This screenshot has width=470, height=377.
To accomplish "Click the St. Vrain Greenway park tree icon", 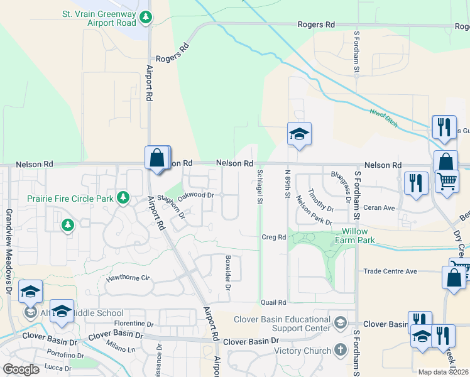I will pos(146,18).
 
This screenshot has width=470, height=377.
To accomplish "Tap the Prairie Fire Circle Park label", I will pos(70,199).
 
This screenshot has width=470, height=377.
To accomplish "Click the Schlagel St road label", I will pos(260,186).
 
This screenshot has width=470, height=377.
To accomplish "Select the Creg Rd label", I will pos(273,237).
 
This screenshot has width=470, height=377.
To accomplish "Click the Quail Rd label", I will pos(273,302).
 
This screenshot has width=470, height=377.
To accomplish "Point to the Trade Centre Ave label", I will pos(390,271).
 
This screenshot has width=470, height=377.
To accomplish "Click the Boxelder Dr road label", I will pos(228,272).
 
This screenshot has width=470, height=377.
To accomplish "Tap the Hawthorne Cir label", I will pos(129,277).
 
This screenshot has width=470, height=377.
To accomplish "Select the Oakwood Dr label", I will pos(196,195).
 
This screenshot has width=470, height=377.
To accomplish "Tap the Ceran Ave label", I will pos(379,207).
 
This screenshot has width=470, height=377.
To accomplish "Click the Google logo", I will pos(21,369).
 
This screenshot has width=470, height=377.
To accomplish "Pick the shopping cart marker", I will pos(447,182).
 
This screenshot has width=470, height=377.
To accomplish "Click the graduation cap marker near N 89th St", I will pos(299,133).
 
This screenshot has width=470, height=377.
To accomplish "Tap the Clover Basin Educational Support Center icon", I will pos(340,324).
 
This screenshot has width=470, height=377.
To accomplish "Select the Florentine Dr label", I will pos(134,324).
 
